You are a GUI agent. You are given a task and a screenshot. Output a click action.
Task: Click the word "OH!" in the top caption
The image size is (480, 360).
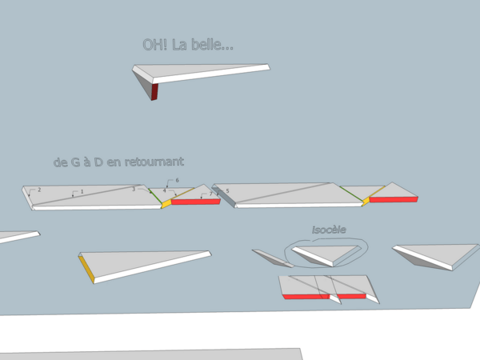154,46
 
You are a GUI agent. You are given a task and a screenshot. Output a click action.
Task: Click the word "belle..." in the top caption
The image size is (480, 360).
214,46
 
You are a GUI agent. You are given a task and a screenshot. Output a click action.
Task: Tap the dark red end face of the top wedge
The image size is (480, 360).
155,91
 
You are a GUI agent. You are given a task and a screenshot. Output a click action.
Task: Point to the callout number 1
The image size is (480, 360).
80,192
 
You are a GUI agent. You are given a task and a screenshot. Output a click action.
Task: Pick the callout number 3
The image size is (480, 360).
134,190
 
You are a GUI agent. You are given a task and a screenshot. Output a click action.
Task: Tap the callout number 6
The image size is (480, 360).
177,181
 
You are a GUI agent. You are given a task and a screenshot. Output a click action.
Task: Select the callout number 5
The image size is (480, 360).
227,190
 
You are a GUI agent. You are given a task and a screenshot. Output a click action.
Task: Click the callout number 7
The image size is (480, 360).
210,194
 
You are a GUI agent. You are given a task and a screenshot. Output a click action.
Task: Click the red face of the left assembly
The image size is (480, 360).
196,202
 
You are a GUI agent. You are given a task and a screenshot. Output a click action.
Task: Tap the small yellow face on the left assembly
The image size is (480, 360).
166,204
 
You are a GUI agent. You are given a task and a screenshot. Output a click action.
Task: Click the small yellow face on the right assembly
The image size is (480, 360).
366,201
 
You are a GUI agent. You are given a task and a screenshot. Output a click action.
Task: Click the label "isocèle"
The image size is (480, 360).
328,230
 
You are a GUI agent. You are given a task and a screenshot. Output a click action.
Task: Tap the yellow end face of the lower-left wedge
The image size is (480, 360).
87,268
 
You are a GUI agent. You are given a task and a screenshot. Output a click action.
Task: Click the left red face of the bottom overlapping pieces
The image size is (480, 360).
306,297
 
